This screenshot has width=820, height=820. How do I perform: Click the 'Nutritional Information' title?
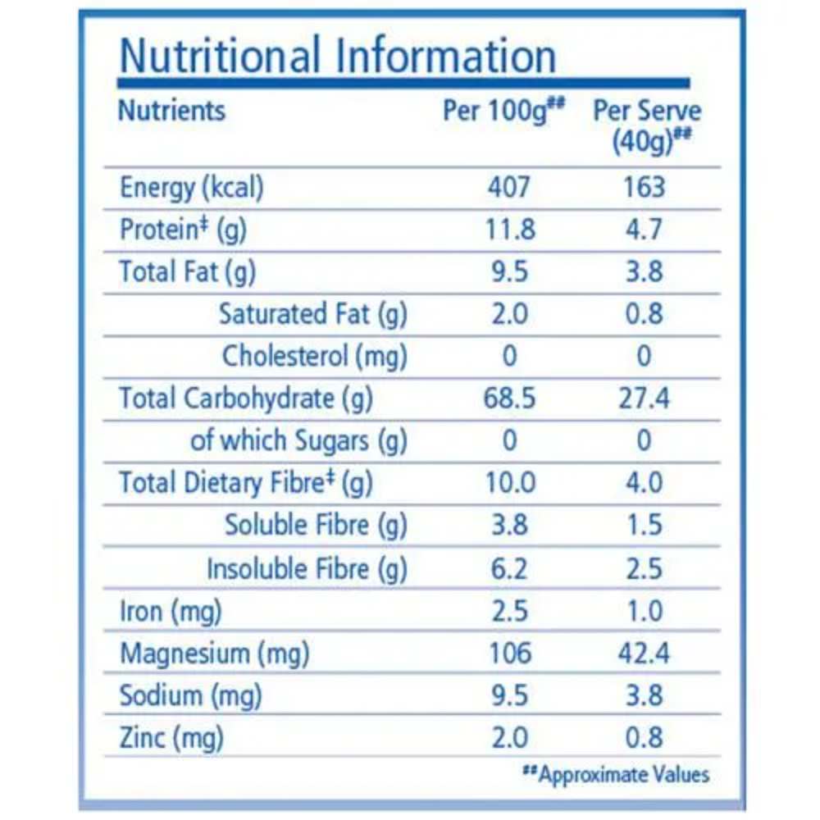pyautogui.click(x=338, y=56)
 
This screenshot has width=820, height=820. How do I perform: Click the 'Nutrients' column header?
pyautogui.click(x=171, y=110)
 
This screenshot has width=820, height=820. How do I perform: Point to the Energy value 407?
pyautogui.click(x=508, y=187)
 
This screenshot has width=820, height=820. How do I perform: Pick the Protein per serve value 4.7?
pyautogui.click(x=644, y=230)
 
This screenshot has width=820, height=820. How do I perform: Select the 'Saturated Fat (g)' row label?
pyautogui.click(x=313, y=314)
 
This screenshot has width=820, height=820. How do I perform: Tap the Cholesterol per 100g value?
pyautogui.click(x=509, y=356)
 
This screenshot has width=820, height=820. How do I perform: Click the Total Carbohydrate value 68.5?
pyautogui.click(x=509, y=399)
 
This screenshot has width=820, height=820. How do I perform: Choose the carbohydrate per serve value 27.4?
pyautogui.click(x=644, y=399)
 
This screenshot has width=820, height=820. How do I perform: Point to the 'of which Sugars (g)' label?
pyautogui.click(x=298, y=441)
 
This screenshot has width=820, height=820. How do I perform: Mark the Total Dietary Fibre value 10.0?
pyautogui.click(x=509, y=483)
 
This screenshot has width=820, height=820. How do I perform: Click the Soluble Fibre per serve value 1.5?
pyautogui.click(x=644, y=525)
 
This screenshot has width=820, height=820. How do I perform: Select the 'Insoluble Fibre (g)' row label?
pyautogui.click(x=307, y=568)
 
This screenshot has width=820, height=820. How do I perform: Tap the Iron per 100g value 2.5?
pyautogui.click(x=509, y=611)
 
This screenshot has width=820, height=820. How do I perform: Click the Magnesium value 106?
pyautogui.click(x=509, y=654)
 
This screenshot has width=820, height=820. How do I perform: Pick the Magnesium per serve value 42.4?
pyautogui.click(x=644, y=654)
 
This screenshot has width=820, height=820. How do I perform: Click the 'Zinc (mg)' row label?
pyautogui.click(x=171, y=738)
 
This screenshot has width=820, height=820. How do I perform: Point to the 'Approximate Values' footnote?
pyautogui.click(x=617, y=774)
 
